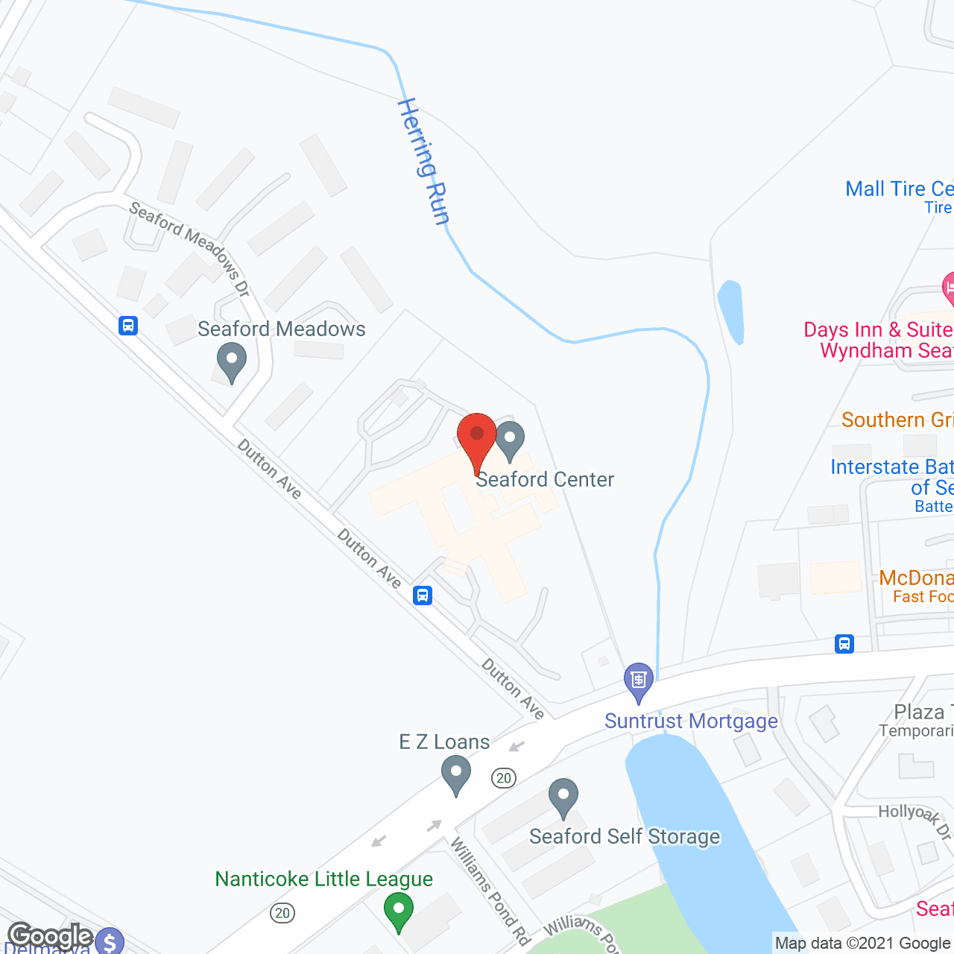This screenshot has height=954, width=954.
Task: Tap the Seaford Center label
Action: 545,479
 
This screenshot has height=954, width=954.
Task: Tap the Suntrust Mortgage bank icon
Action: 639,680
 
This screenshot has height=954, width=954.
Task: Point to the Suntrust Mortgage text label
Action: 691,721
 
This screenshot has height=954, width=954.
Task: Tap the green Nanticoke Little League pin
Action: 398,911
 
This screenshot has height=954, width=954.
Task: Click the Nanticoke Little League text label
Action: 323,879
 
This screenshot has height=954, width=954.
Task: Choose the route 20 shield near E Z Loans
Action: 505,778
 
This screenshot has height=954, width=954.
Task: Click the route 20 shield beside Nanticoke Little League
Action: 282,913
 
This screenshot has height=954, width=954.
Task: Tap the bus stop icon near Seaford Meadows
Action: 128,326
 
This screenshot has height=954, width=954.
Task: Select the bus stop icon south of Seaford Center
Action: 423,595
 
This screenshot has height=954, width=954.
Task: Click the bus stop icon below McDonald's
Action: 844,643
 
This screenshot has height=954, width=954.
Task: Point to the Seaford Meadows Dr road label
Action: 189,247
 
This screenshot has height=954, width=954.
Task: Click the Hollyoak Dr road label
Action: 914,821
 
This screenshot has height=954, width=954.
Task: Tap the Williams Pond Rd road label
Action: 490,890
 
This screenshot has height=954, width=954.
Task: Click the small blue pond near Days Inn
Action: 730,312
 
